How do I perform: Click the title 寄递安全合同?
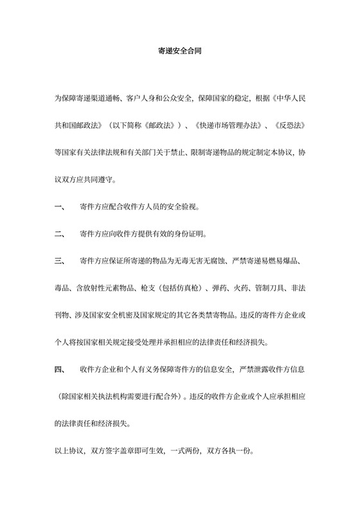pos(180,49)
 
